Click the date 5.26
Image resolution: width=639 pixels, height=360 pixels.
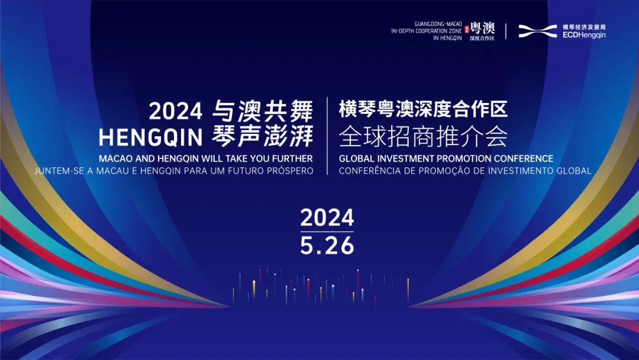coord(327,245)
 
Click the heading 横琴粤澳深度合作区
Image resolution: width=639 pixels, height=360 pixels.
coord(423,110)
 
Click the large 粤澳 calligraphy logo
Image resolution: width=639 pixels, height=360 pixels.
coord(482,28)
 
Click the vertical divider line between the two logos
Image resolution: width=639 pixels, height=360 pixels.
coord(506,31)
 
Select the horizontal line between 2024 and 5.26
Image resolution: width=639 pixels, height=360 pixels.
coord(327,232)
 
